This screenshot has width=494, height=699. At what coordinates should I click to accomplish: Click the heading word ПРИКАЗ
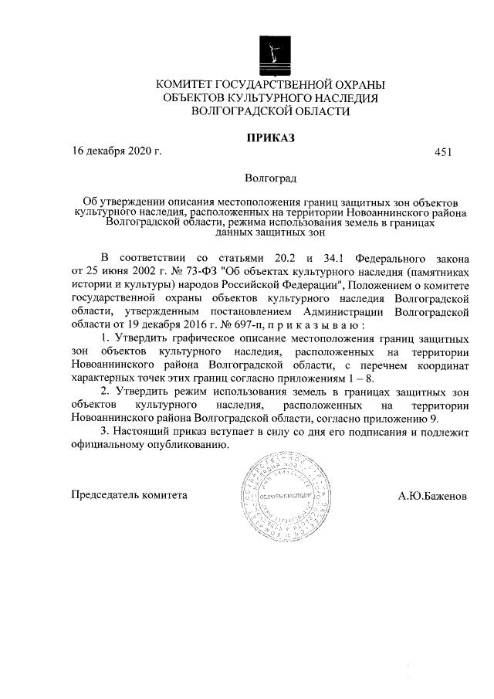[x=270, y=138]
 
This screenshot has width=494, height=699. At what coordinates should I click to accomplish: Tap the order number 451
[x=443, y=152]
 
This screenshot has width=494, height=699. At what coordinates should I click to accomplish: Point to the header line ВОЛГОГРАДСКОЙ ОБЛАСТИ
[x=270, y=111]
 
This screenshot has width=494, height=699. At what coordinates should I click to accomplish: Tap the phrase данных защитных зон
[x=270, y=229]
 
